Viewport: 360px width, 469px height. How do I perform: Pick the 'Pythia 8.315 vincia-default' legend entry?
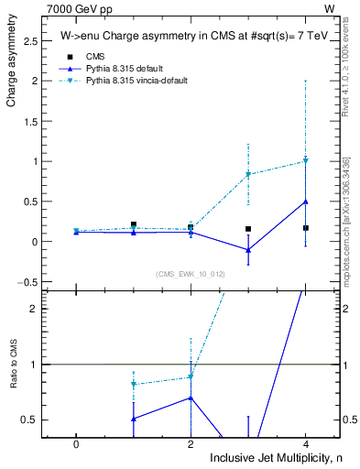pos(137,81)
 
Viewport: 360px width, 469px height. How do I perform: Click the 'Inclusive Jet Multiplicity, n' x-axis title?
pos(274,457)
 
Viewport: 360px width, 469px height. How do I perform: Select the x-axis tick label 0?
pos(76,444)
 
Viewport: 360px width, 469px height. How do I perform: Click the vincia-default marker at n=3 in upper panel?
pos(248,174)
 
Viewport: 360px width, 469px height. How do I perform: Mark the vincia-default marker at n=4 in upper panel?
pos(306,161)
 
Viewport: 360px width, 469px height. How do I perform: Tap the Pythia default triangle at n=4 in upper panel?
pos(306,202)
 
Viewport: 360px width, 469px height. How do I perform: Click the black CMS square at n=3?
pos(248,229)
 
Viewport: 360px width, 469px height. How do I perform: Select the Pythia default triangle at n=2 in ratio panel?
pos(191,398)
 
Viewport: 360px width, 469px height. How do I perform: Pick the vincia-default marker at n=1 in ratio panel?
pos(134,384)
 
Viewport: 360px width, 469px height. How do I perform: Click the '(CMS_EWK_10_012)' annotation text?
pos(191,273)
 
